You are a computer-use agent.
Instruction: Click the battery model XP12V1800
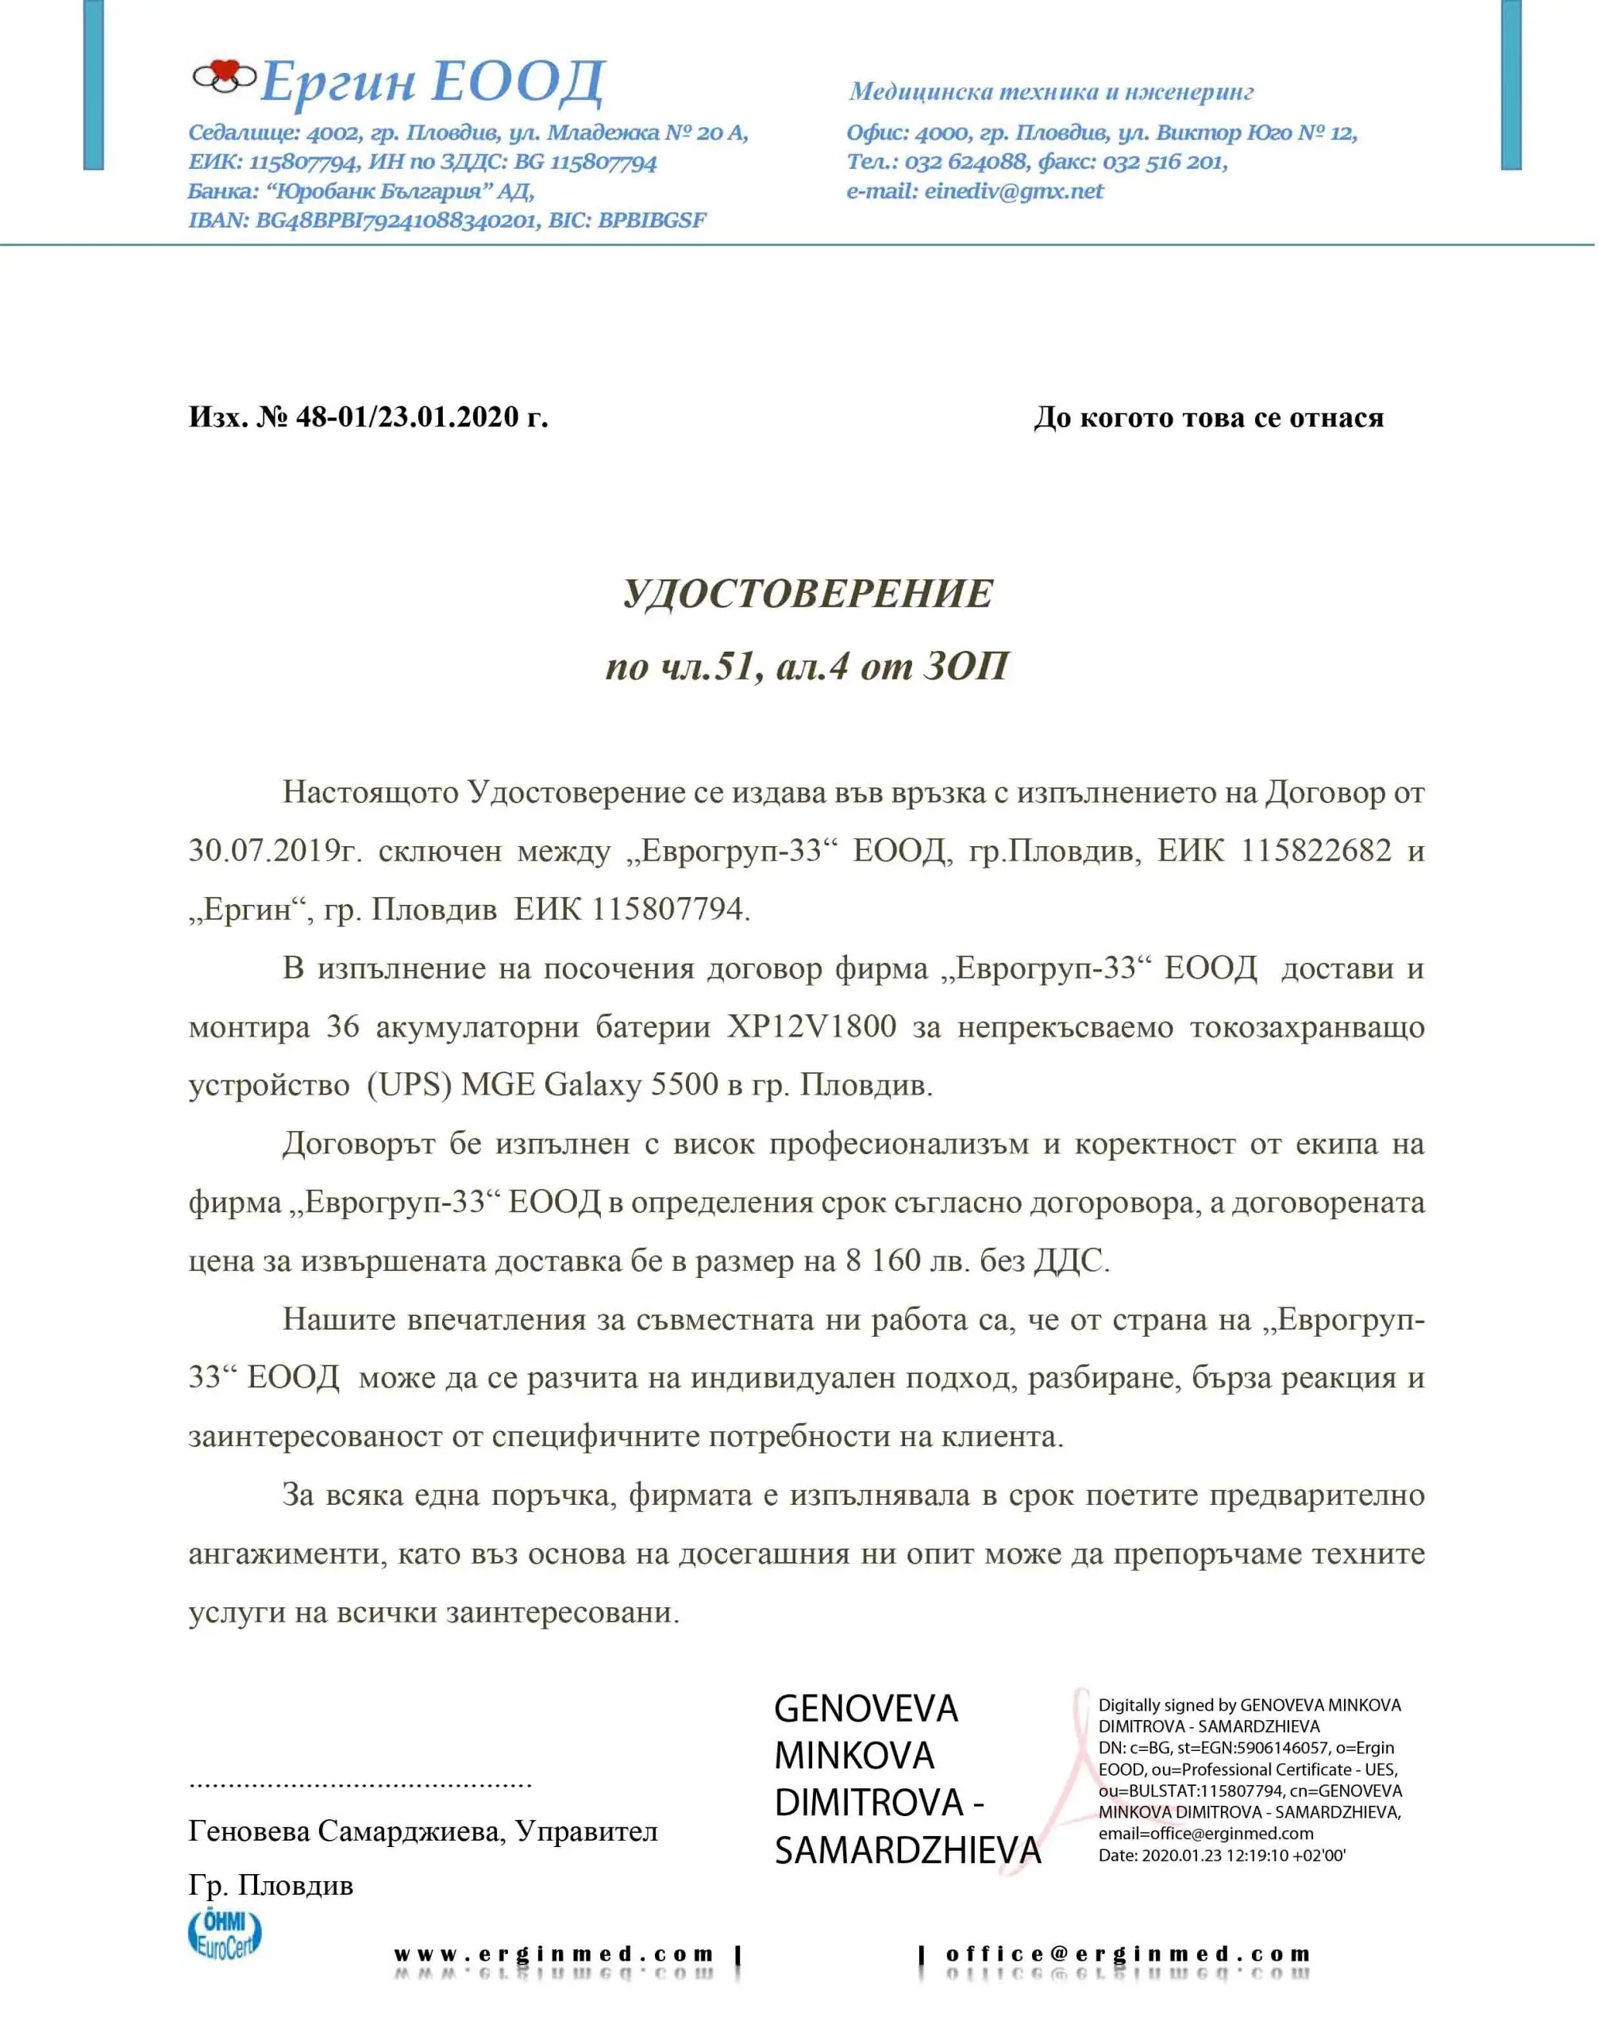tap(812, 1026)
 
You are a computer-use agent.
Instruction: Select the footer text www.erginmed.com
tap(554, 1954)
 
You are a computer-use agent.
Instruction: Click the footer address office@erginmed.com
tap(1127, 1954)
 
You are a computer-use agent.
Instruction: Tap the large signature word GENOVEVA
tap(865, 1709)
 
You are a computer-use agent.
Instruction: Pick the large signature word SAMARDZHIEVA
tap(907, 1850)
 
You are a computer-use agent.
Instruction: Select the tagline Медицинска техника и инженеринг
tap(1051, 92)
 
